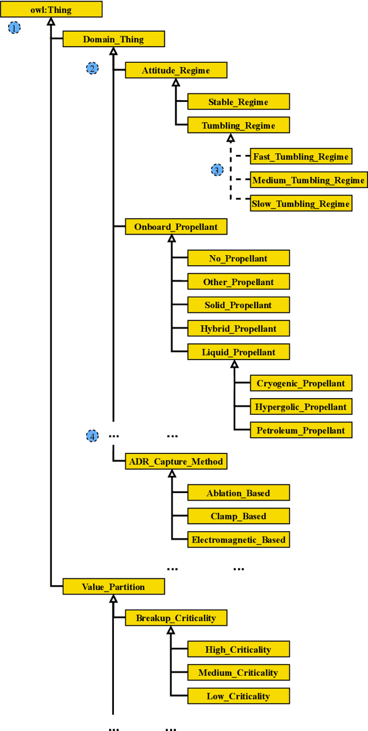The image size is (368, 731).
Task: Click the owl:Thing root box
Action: point(51,9)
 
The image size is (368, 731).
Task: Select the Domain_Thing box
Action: point(113,39)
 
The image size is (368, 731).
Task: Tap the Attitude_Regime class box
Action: point(176,70)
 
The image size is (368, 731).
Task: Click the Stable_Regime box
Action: point(238,102)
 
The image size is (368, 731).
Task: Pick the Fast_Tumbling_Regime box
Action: point(301,157)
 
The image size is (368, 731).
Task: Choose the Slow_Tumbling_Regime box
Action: point(301,203)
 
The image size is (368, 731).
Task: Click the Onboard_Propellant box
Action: point(176,226)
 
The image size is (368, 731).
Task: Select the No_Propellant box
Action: point(238,258)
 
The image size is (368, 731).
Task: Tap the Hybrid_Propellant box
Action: point(238,328)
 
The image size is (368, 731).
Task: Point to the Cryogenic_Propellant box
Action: point(301,383)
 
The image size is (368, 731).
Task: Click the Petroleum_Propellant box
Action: point(301,430)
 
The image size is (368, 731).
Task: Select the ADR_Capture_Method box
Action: point(176,461)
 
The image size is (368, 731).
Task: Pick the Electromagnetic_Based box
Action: point(238,540)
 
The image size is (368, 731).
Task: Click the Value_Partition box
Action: point(113,586)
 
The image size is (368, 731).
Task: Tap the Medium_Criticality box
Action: point(238,672)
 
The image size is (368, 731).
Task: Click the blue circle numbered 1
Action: point(14,27)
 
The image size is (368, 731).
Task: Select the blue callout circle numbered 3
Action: point(217,170)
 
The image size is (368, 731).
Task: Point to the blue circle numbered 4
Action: point(92,436)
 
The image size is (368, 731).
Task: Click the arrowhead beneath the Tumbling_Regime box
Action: point(231,138)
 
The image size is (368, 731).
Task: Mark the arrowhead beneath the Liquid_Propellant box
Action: point(234,364)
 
